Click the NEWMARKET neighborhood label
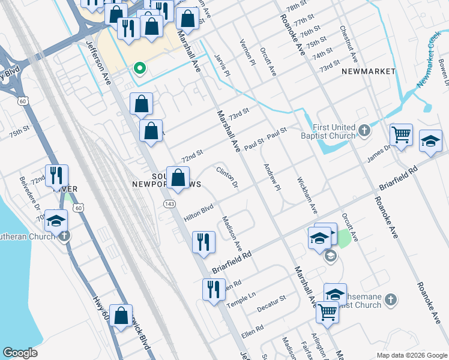coord(369,71)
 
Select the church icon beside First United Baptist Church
coord(364,130)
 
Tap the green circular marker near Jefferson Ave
coord(140,69)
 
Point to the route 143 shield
coord(170,205)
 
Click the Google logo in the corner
coord(20,353)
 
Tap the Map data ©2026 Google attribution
coord(411,355)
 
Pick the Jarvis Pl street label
coord(222,65)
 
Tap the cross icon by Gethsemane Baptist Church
coord(390,299)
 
